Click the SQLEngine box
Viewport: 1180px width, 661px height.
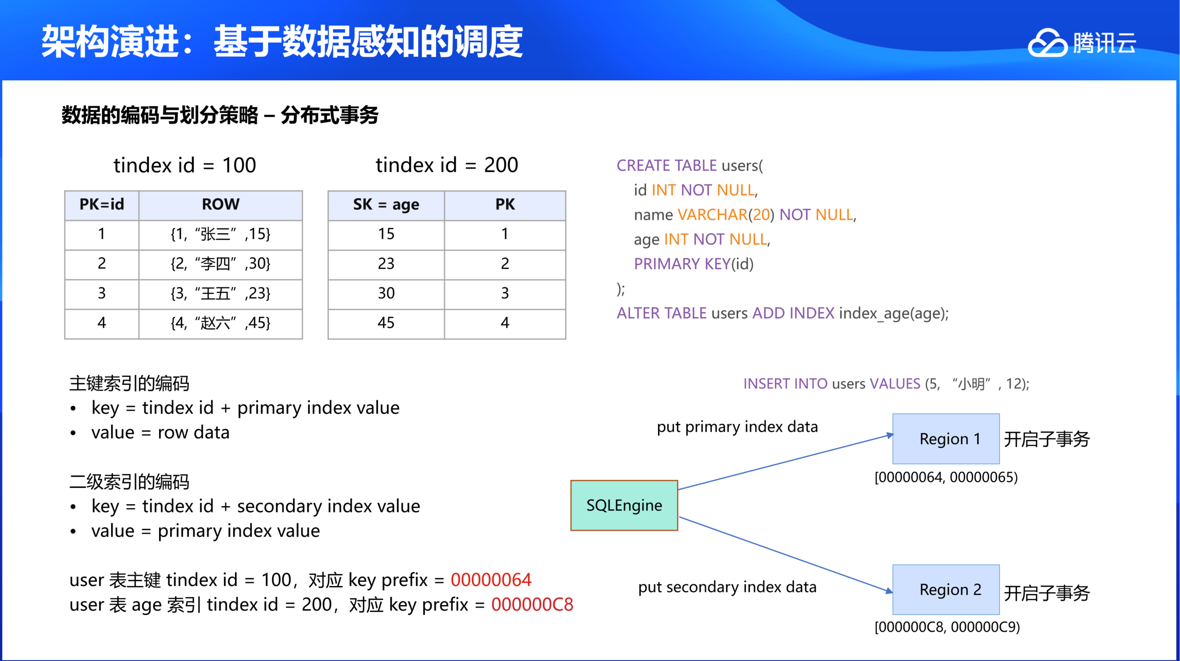(x=624, y=505)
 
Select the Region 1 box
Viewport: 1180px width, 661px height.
(x=946, y=438)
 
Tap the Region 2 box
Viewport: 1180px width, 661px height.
(x=946, y=589)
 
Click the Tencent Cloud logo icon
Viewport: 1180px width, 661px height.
(x=1047, y=43)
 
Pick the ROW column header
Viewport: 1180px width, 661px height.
(x=221, y=205)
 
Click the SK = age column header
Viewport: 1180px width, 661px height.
(x=386, y=205)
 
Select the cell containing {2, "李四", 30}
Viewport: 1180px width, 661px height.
(x=221, y=264)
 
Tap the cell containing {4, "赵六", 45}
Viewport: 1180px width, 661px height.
(x=221, y=323)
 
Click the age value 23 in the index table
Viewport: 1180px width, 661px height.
(x=386, y=264)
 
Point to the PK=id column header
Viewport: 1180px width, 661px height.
(x=102, y=205)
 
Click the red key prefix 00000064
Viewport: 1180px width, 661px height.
(x=491, y=580)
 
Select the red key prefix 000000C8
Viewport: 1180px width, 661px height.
(x=532, y=604)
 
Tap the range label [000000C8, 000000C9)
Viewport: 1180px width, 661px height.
(x=947, y=627)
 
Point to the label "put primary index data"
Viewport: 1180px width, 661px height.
(x=737, y=427)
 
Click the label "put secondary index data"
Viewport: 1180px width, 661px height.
(x=727, y=587)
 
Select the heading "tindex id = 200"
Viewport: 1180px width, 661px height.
(x=447, y=165)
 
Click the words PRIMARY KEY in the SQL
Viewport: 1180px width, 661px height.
(x=682, y=264)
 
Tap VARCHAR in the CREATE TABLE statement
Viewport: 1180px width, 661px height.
(x=712, y=214)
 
